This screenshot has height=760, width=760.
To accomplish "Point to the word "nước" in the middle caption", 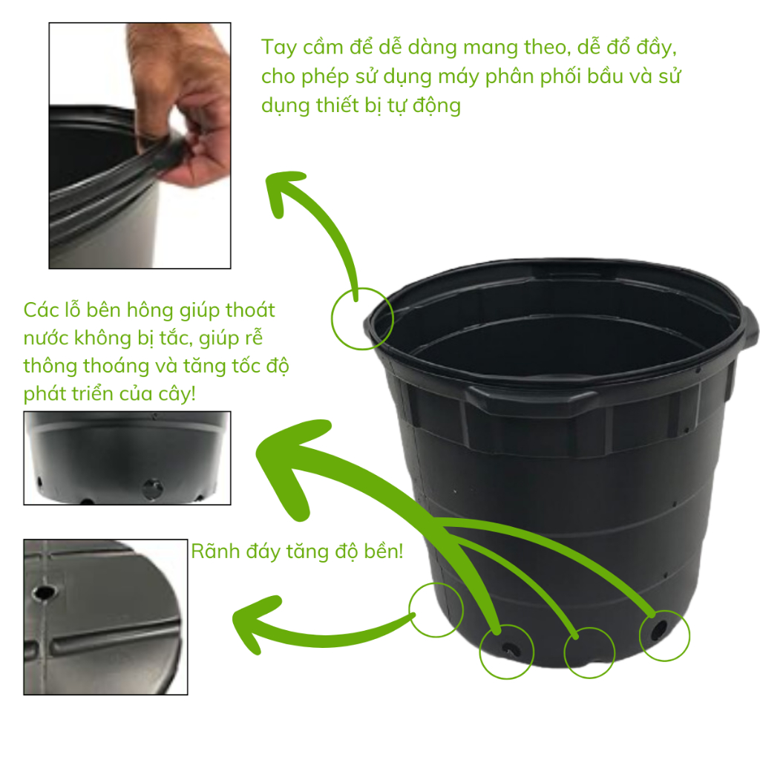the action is tap(46, 338).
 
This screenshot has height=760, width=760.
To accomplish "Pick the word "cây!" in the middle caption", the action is tap(177, 394).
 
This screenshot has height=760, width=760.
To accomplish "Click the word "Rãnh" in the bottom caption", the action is tap(216, 551).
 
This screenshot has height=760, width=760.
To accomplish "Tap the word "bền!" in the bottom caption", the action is tap(384, 551).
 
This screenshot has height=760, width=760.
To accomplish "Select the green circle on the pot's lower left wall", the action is tap(410, 610).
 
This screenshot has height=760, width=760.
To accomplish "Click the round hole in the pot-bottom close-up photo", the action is tap(44, 592).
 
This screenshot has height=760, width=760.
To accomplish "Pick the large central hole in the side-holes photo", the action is tap(152, 488).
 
